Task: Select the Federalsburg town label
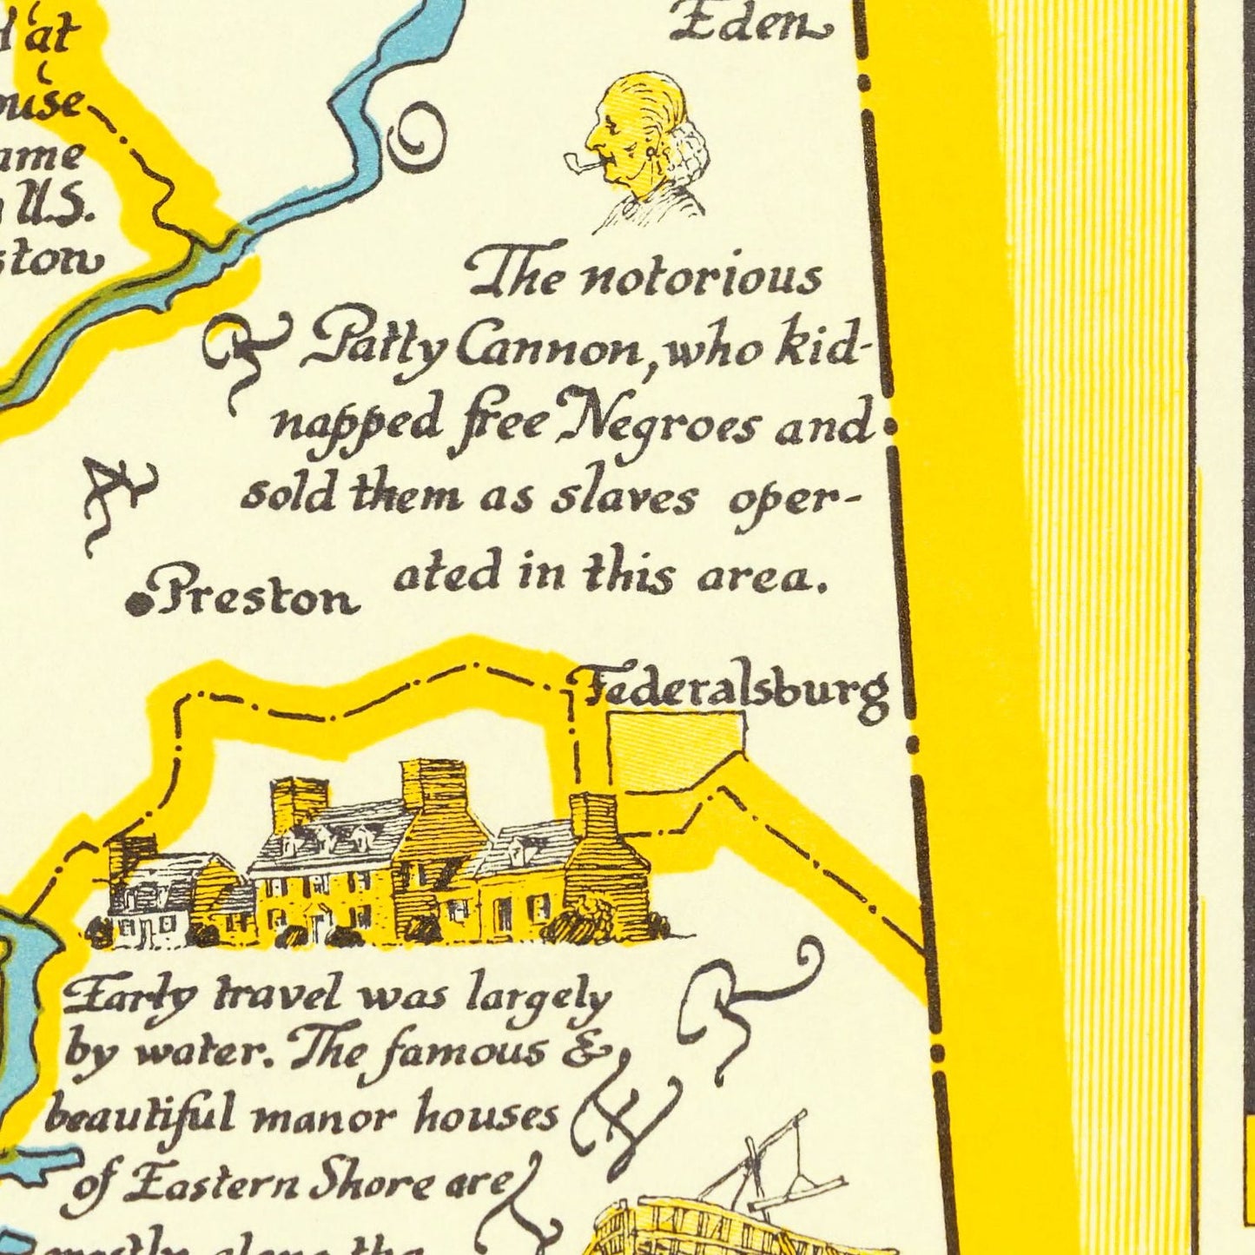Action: point(734,691)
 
